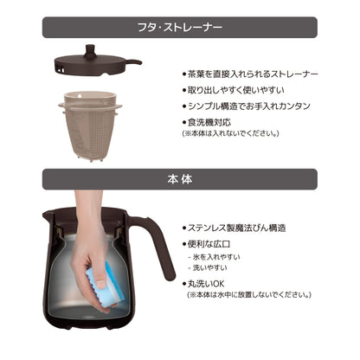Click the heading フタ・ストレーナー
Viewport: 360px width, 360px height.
(180, 28)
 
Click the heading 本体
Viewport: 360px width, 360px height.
(180, 180)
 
